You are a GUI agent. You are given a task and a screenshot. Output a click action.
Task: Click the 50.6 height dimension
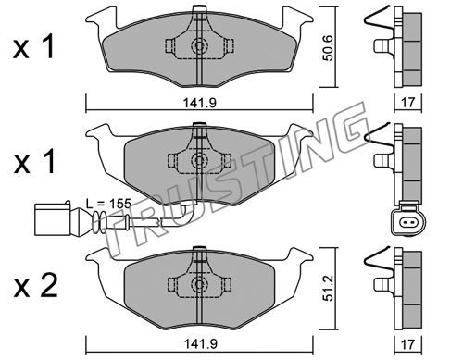point(328,48)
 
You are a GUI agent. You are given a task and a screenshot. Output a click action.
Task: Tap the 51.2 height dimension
point(329,288)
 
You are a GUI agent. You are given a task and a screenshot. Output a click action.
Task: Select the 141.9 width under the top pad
point(200,103)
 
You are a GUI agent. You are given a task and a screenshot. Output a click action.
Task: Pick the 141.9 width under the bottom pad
point(200,343)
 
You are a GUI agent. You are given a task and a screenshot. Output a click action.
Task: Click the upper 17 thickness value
point(408,102)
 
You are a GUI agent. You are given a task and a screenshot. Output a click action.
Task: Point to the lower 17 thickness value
point(408,343)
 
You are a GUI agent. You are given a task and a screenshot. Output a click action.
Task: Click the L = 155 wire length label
point(108,204)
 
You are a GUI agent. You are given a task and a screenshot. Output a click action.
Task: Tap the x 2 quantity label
point(35,286)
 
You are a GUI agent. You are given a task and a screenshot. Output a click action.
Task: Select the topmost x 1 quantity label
point(34,47)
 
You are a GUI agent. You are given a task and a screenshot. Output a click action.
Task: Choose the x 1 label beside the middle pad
point(34,161)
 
